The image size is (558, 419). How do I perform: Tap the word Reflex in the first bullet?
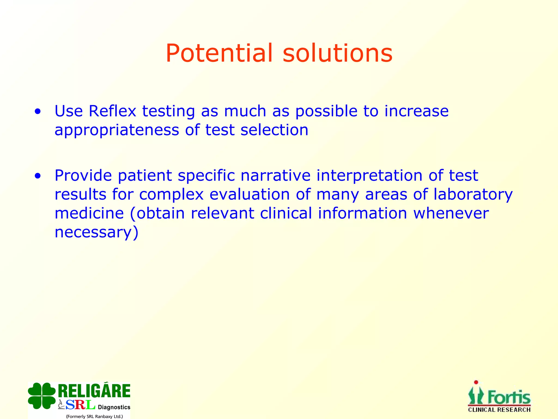[112, 111]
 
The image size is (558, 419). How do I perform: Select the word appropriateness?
[117, 130]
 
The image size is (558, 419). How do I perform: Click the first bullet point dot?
[38, 112]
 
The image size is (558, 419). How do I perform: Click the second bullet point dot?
[38, 176]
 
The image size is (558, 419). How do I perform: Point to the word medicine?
[89, 213]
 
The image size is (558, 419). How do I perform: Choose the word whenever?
[451, 213]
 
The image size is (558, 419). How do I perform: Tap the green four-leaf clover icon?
[42, 396]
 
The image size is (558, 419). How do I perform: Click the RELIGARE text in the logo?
[94, 391]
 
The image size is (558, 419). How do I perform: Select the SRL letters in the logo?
[80, 405]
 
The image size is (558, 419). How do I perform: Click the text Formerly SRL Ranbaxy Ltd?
[94, 416]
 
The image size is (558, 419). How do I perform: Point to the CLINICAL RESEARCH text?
[499, 410]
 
